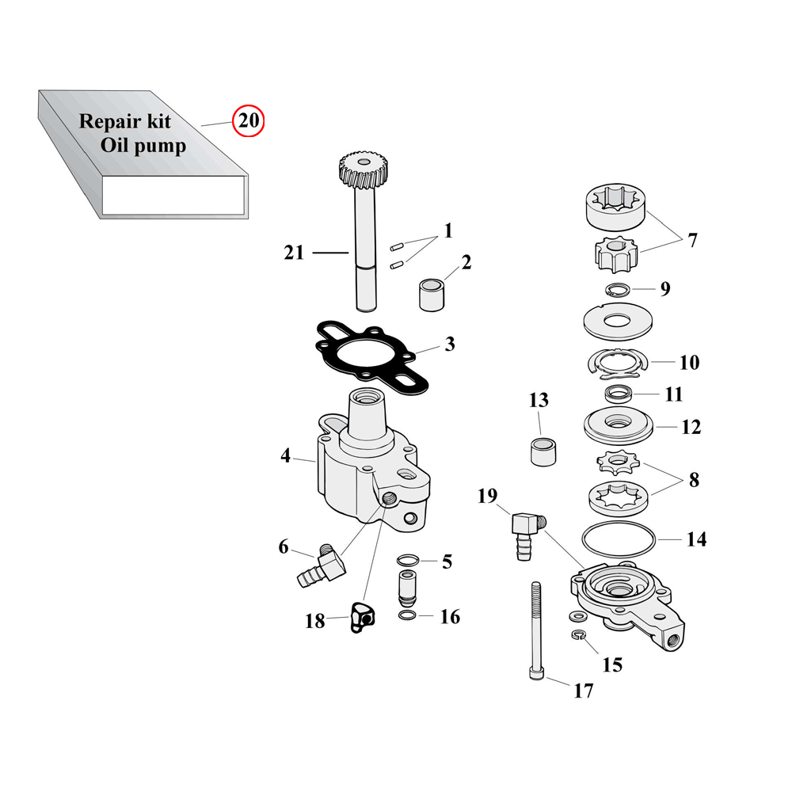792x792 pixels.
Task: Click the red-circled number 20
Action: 248,120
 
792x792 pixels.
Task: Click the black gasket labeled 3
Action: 371,357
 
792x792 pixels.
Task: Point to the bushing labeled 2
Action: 432,296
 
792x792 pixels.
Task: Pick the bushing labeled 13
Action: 543,452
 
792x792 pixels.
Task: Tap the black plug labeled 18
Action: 362,617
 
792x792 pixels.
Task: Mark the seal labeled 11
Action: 619,394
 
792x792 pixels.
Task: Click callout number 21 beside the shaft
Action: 294,253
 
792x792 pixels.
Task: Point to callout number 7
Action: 692,240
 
